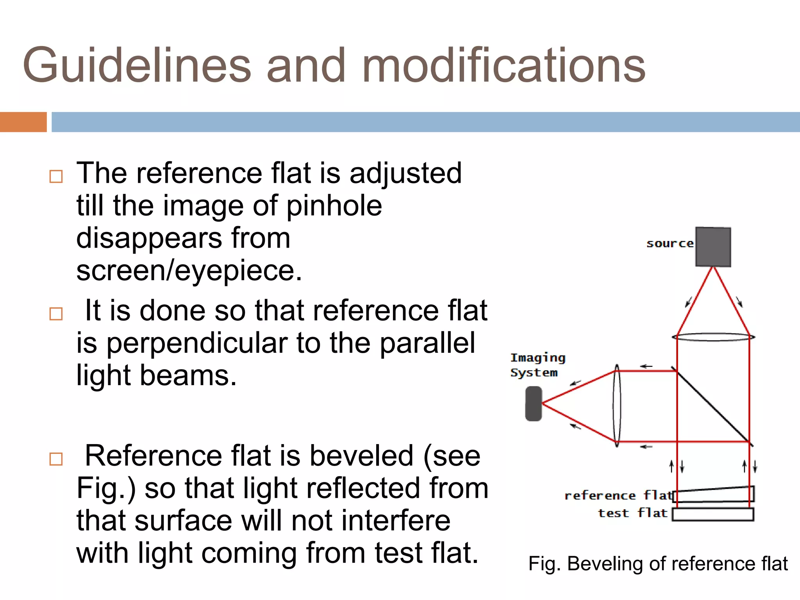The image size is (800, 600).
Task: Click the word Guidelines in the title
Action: click(x=137, y=65)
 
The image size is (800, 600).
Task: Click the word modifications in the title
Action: click(x=504, y=65)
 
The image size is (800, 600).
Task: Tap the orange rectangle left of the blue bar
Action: click(x=23, y=122)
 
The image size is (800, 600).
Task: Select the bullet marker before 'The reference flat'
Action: click(x=56, y=177)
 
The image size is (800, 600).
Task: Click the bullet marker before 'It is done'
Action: click(x=56, y=314)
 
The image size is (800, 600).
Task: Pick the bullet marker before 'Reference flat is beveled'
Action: click(x=56, y=459)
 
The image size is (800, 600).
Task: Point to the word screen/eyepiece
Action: click(x=189, y=270)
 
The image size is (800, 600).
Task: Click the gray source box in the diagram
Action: click(x=713, y=247)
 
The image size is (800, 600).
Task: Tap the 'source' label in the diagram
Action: click(x=670, y=244)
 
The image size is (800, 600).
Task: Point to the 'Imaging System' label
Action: click(x=537, y=365)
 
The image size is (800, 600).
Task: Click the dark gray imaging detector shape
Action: click(x=534, y=404)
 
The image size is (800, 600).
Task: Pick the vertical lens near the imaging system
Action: click(x=617, y=405)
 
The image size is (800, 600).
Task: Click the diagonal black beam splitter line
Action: click(x=713, y=406)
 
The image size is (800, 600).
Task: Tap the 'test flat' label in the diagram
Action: click(x=632, y=513)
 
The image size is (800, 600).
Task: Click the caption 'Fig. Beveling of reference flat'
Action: click(x=658, y=564)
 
